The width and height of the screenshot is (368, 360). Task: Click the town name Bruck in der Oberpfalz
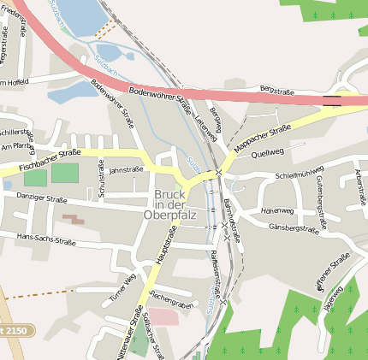coord(169,204)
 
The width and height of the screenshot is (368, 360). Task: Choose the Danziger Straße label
coord(41,198)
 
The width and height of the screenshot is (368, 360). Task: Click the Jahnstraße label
coord(127,169)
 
